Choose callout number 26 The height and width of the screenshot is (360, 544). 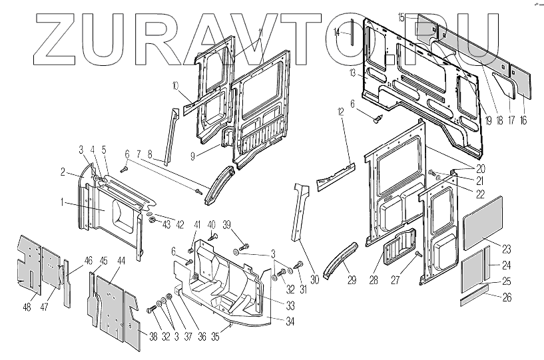pyautogui.click(x=507, y=297)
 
